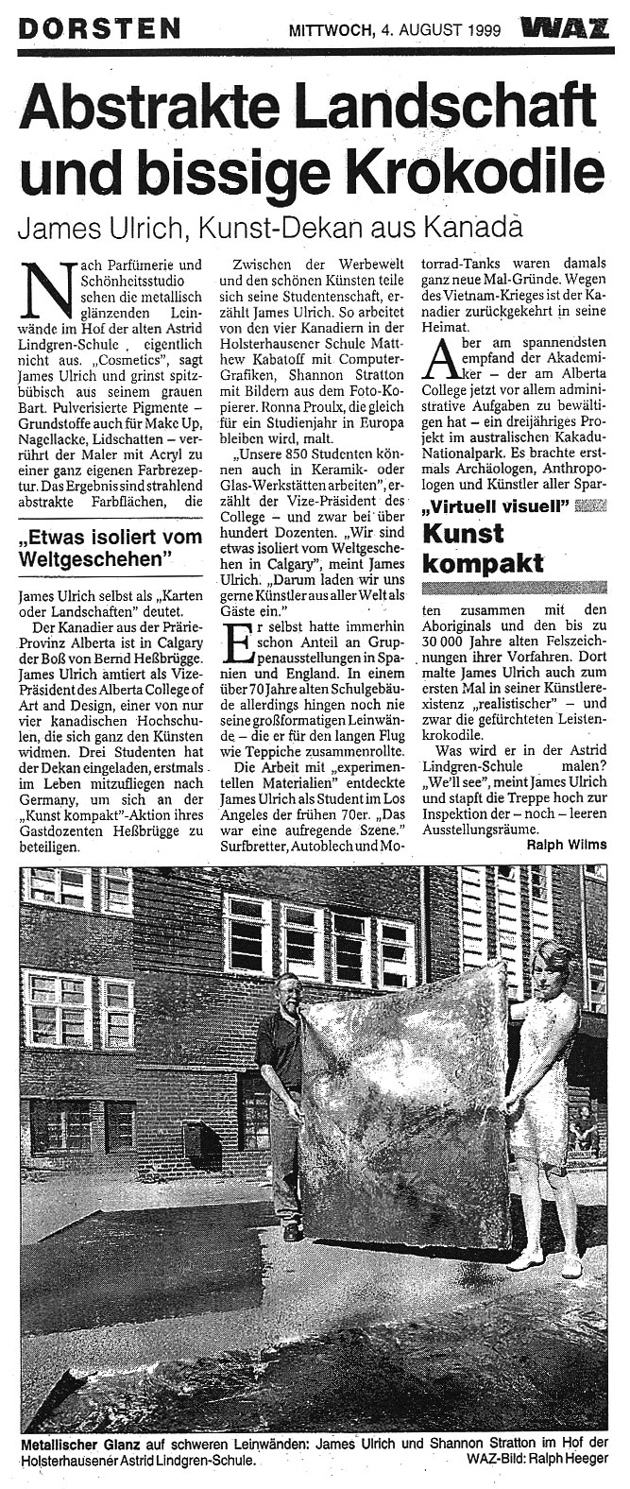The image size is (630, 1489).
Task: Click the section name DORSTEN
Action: (x=99, y=28)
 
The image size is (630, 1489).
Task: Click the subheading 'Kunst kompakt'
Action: (x=484, y=549)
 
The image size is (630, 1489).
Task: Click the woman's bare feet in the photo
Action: (x=544, y=1263)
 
